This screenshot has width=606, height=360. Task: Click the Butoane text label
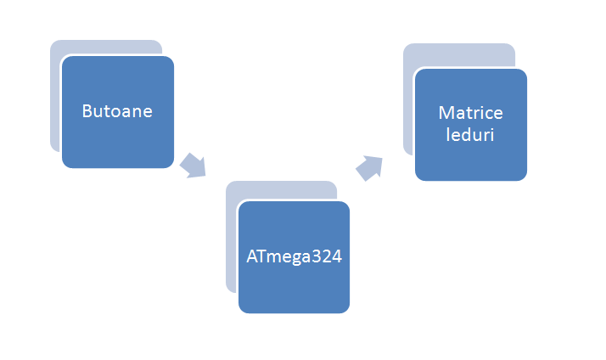click(117, 111)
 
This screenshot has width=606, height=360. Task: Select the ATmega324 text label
click(295, 257)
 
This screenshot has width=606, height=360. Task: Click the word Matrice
click(471, 113)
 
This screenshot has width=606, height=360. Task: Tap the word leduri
click(470, 134)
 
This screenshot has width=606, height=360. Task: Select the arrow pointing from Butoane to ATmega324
click(194, 166)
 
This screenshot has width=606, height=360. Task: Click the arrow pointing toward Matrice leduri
click(369, 168)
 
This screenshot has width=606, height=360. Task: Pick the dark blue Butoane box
click(118, 112)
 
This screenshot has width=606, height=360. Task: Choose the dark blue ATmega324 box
click(295, 257)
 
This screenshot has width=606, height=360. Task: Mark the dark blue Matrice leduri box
click(471, 125)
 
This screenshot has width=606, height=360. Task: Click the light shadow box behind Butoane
click(55, 97)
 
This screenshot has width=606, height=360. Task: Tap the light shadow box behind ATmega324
click(231, 239)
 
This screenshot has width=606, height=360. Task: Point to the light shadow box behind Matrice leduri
click(408, 100)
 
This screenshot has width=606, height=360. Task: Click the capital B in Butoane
click(87, 111)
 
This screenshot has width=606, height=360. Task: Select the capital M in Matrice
click(446, 113)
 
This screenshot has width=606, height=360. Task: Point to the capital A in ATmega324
click(252, 256)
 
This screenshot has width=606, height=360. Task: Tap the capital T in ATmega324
click(262, 256)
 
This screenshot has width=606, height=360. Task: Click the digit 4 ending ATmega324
click(337, 256)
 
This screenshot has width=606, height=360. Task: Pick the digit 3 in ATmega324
click(317, 256)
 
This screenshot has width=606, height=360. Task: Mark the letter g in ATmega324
click(296, 259)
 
